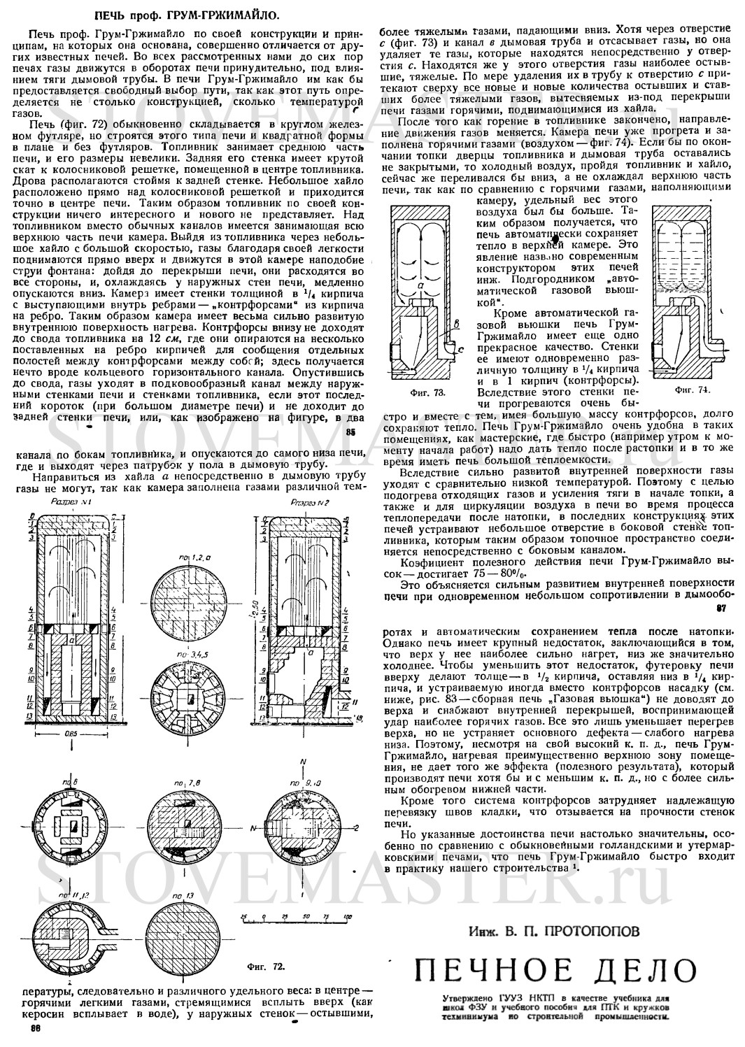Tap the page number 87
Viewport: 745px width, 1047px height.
(x=721, y=608)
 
